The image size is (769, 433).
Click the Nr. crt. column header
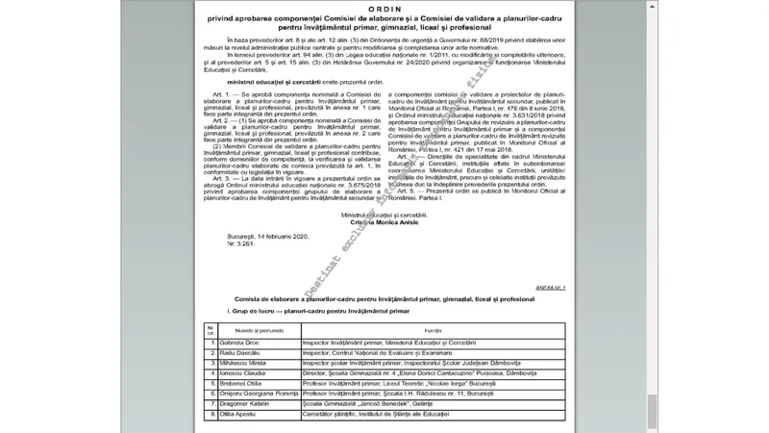click(211, 330)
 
